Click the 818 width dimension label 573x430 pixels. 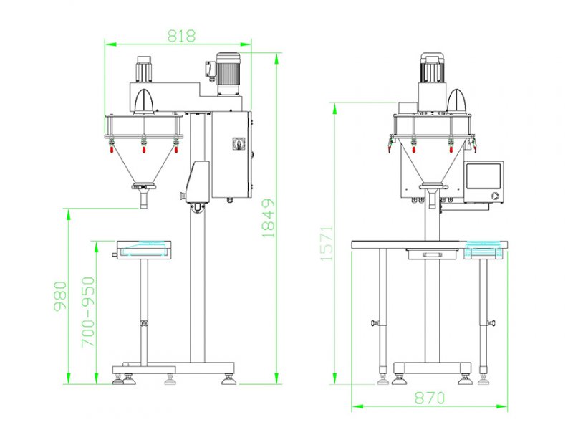tap(182, 36)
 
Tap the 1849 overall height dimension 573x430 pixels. tap(268, 219)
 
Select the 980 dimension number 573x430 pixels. tap(60, 296)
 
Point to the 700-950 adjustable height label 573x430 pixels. tap(88, 312)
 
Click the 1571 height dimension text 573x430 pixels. tap(327, 243)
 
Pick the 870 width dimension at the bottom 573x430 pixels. tap(429, 398)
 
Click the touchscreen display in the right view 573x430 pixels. tap(483, 176)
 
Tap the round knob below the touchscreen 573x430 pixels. tap(496, 196)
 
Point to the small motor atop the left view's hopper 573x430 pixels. tap(144, 69)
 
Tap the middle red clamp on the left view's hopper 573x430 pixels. tap(144, 149)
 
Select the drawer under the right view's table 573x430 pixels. tap(433, 254)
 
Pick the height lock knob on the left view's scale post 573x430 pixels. tap(144, 323)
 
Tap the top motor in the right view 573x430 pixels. tap(432, 67)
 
